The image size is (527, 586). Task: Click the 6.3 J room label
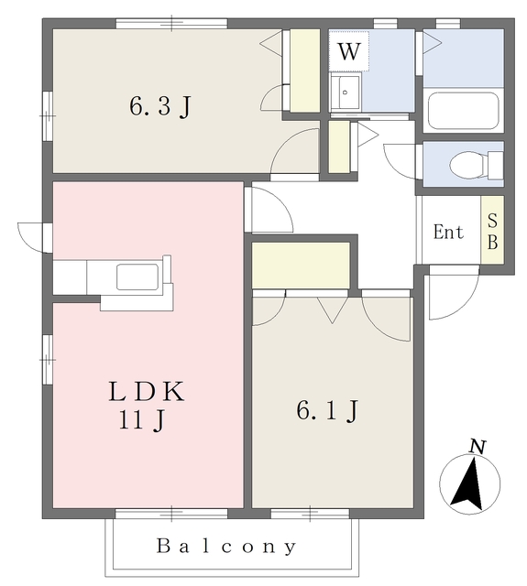[160, 106]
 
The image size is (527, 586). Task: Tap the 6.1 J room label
[327, 411]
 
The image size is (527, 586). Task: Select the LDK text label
[147, 392]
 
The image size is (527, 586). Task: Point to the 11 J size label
[141, 420]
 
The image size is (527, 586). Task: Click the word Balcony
[226, 547]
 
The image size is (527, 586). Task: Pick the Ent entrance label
[448, 232]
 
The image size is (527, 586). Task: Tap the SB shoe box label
[492, 232]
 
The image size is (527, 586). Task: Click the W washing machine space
[349, 51]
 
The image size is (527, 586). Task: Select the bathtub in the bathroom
[464, 111]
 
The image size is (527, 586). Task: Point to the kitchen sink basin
[137, 277]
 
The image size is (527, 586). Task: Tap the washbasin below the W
[346, 92]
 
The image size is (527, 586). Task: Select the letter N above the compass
[478, 447]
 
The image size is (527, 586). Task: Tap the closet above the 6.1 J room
[302, 266]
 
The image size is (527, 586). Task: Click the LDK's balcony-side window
[171, 514]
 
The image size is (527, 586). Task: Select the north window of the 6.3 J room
[171, 24]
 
